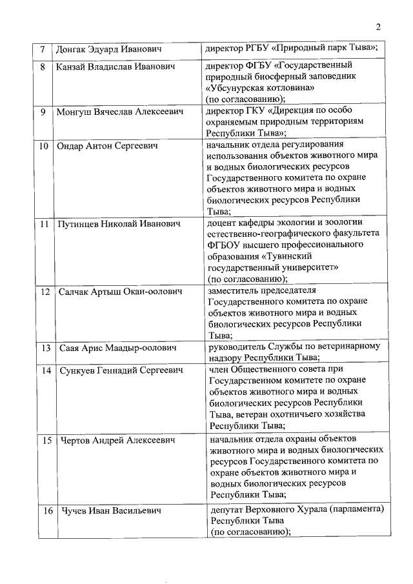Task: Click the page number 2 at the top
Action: (x=379, y=26)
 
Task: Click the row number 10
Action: (x=43, y=146)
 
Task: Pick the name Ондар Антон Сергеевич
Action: (x=108, y=146)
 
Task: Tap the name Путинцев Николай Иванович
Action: (x=118, y=224)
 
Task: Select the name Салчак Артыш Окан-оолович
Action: (x=119, y=292)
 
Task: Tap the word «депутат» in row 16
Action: (x=225, y=510)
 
